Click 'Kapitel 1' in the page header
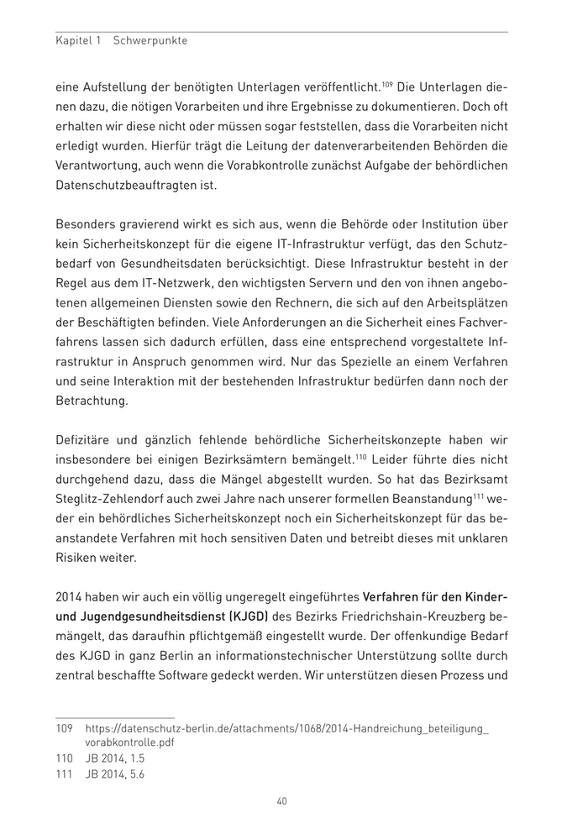pyautogui.click(x=77, y=40)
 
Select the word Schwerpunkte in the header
pyautogui.click(x=150, y=40)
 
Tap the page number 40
pyautogui.click(x=282, y=800)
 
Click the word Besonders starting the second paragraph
pyautogui.click(x=87, y=226)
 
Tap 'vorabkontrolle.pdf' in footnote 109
pyautogui.click(x=130, y=742)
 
